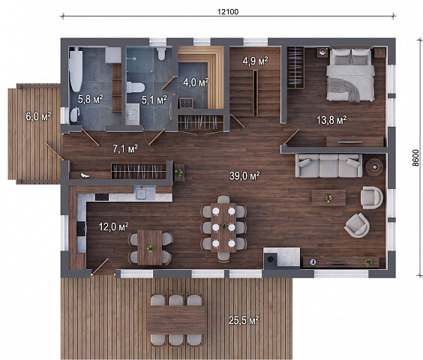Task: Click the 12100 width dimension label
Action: click(228, 11)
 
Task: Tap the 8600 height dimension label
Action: click(415, 157)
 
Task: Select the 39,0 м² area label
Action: click(244, 175)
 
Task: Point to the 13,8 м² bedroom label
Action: click(331, 120)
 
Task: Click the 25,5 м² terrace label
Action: click(244, 320)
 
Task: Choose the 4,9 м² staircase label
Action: click(255, 61)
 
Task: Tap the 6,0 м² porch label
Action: click(38, 116)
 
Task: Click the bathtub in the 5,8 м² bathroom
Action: click(76, 70)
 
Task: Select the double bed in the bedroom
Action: click(350, 74)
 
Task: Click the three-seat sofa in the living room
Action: click(328, 165)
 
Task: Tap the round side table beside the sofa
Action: click(374, 167)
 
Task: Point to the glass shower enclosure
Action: click(139, 60)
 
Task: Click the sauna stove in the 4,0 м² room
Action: click(187, 103)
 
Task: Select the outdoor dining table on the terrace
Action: click(176, 319)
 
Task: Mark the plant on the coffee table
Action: click(328, 198)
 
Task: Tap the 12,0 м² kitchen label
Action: click(113, 226)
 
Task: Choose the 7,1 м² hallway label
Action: click(125, 148)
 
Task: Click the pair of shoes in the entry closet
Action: click(85, 175)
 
